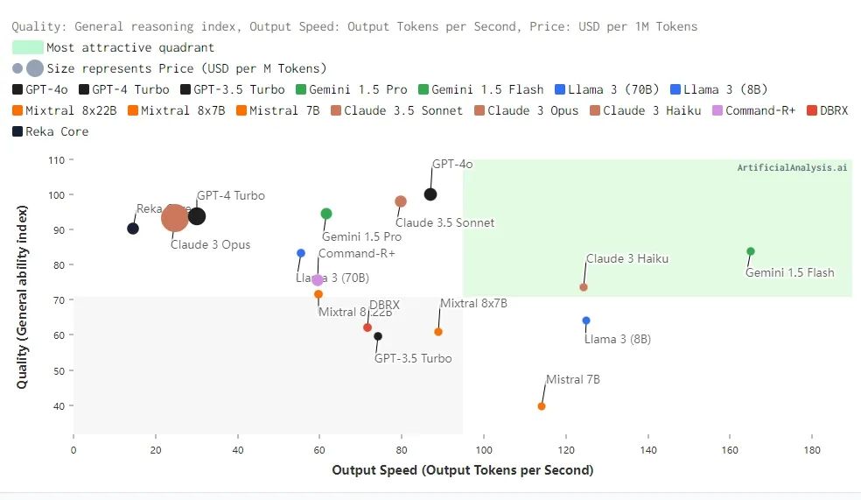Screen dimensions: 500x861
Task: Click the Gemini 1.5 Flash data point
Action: pyautogui.click(x=751, y=251)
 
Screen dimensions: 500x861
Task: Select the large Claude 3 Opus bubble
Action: pyautogui.click(x=175, y=217)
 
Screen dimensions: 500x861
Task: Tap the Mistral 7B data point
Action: pyautogui.click(x=542, y=406)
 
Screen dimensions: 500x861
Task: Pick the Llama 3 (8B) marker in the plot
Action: pyautogui.click(x=586, y=320)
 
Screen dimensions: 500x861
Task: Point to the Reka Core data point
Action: pyautogui.click(x=133, y=229)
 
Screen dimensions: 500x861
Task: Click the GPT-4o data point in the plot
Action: pyautogui.click(x=430, y=194)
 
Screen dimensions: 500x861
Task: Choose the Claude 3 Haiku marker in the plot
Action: pyautogui.click(x=584, y=287)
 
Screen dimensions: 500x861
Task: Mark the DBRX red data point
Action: pyautogui.click(x=367, y=327)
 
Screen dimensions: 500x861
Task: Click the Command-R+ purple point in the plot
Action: pyautogui.click(x=318, y=280)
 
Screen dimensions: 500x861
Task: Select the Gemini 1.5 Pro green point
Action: pyautogui.click(x=326, y=214)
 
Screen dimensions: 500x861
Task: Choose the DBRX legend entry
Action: pyautogui.click(x=828, y=110)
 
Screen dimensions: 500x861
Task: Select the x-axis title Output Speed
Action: pyautogui.click(x=462, y=470)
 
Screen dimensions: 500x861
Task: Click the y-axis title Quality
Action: pyautogui.click(x=24, y=297)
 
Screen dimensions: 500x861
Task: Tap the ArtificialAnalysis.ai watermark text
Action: pyautogui.click(x=792, y=167)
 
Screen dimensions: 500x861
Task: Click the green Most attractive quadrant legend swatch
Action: pyautogui.click(x=27, y=47)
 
